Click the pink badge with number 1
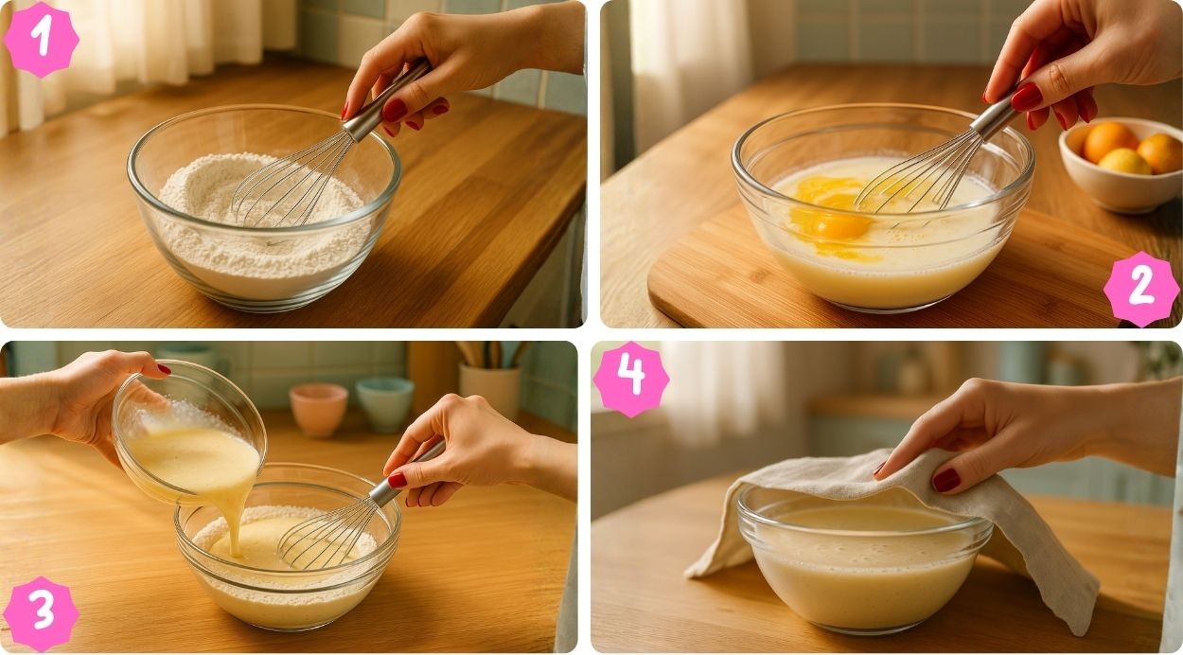pos(41,39)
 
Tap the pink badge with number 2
pos(1141,289)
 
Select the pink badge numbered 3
pos(41,613)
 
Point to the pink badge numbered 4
pos(631,380)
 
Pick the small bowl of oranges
pos(1121,164)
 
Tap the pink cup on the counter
pos(318,410)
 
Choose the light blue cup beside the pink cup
pos(384,404)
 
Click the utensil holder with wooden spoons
pos(491,381)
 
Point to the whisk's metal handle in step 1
pos(386,100)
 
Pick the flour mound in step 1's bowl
pos(264,221)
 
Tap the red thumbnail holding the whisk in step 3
pos(397,480)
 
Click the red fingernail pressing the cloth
pos(945,480)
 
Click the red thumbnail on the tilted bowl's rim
pos(164,369)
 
